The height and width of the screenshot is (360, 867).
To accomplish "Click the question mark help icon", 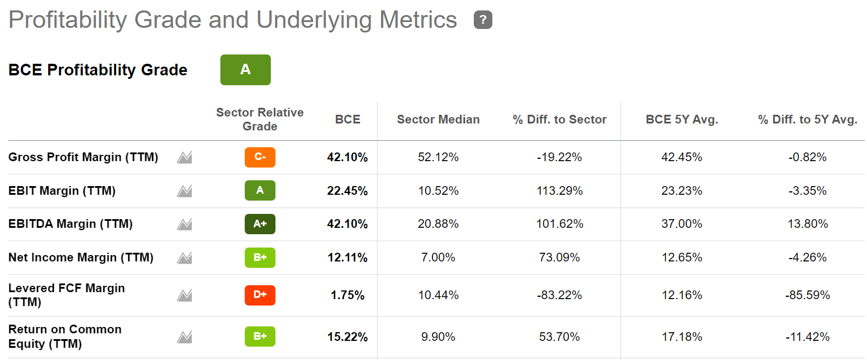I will pos(483,20).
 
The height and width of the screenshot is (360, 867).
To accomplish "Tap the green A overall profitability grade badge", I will pos(245,70).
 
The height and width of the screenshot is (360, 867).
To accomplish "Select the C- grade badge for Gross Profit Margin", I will pos(260,157).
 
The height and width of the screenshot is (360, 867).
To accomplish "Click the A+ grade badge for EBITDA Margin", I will pos(260,224).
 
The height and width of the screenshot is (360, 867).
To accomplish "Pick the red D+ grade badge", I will pos(260,295).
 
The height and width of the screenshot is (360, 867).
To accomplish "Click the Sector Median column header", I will pos(438,119).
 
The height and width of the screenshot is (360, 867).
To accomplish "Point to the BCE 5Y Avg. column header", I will pos(681,119).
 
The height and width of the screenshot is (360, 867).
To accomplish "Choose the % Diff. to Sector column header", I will pos(559,119).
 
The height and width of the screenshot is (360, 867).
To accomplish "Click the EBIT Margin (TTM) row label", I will pos(61,191).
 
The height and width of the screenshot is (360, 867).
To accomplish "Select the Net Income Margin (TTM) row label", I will pos(81,257).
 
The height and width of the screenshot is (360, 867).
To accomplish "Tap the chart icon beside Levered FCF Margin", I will pos(184,296).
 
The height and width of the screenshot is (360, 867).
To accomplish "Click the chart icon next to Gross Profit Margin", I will pos(184,157).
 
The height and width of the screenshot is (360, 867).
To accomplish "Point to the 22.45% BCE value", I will pos(347,191).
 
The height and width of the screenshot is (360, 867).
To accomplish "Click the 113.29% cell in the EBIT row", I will pos(559,191).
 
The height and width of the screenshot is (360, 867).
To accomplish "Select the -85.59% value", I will pos(807,295).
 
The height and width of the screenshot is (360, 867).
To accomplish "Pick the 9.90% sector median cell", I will pos(438,337).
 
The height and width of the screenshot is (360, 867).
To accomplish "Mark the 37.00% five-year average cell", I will pos(681,224).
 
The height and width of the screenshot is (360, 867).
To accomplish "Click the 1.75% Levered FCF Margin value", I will pos(347,295).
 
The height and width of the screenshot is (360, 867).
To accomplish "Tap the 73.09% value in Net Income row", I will pos(559,257).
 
